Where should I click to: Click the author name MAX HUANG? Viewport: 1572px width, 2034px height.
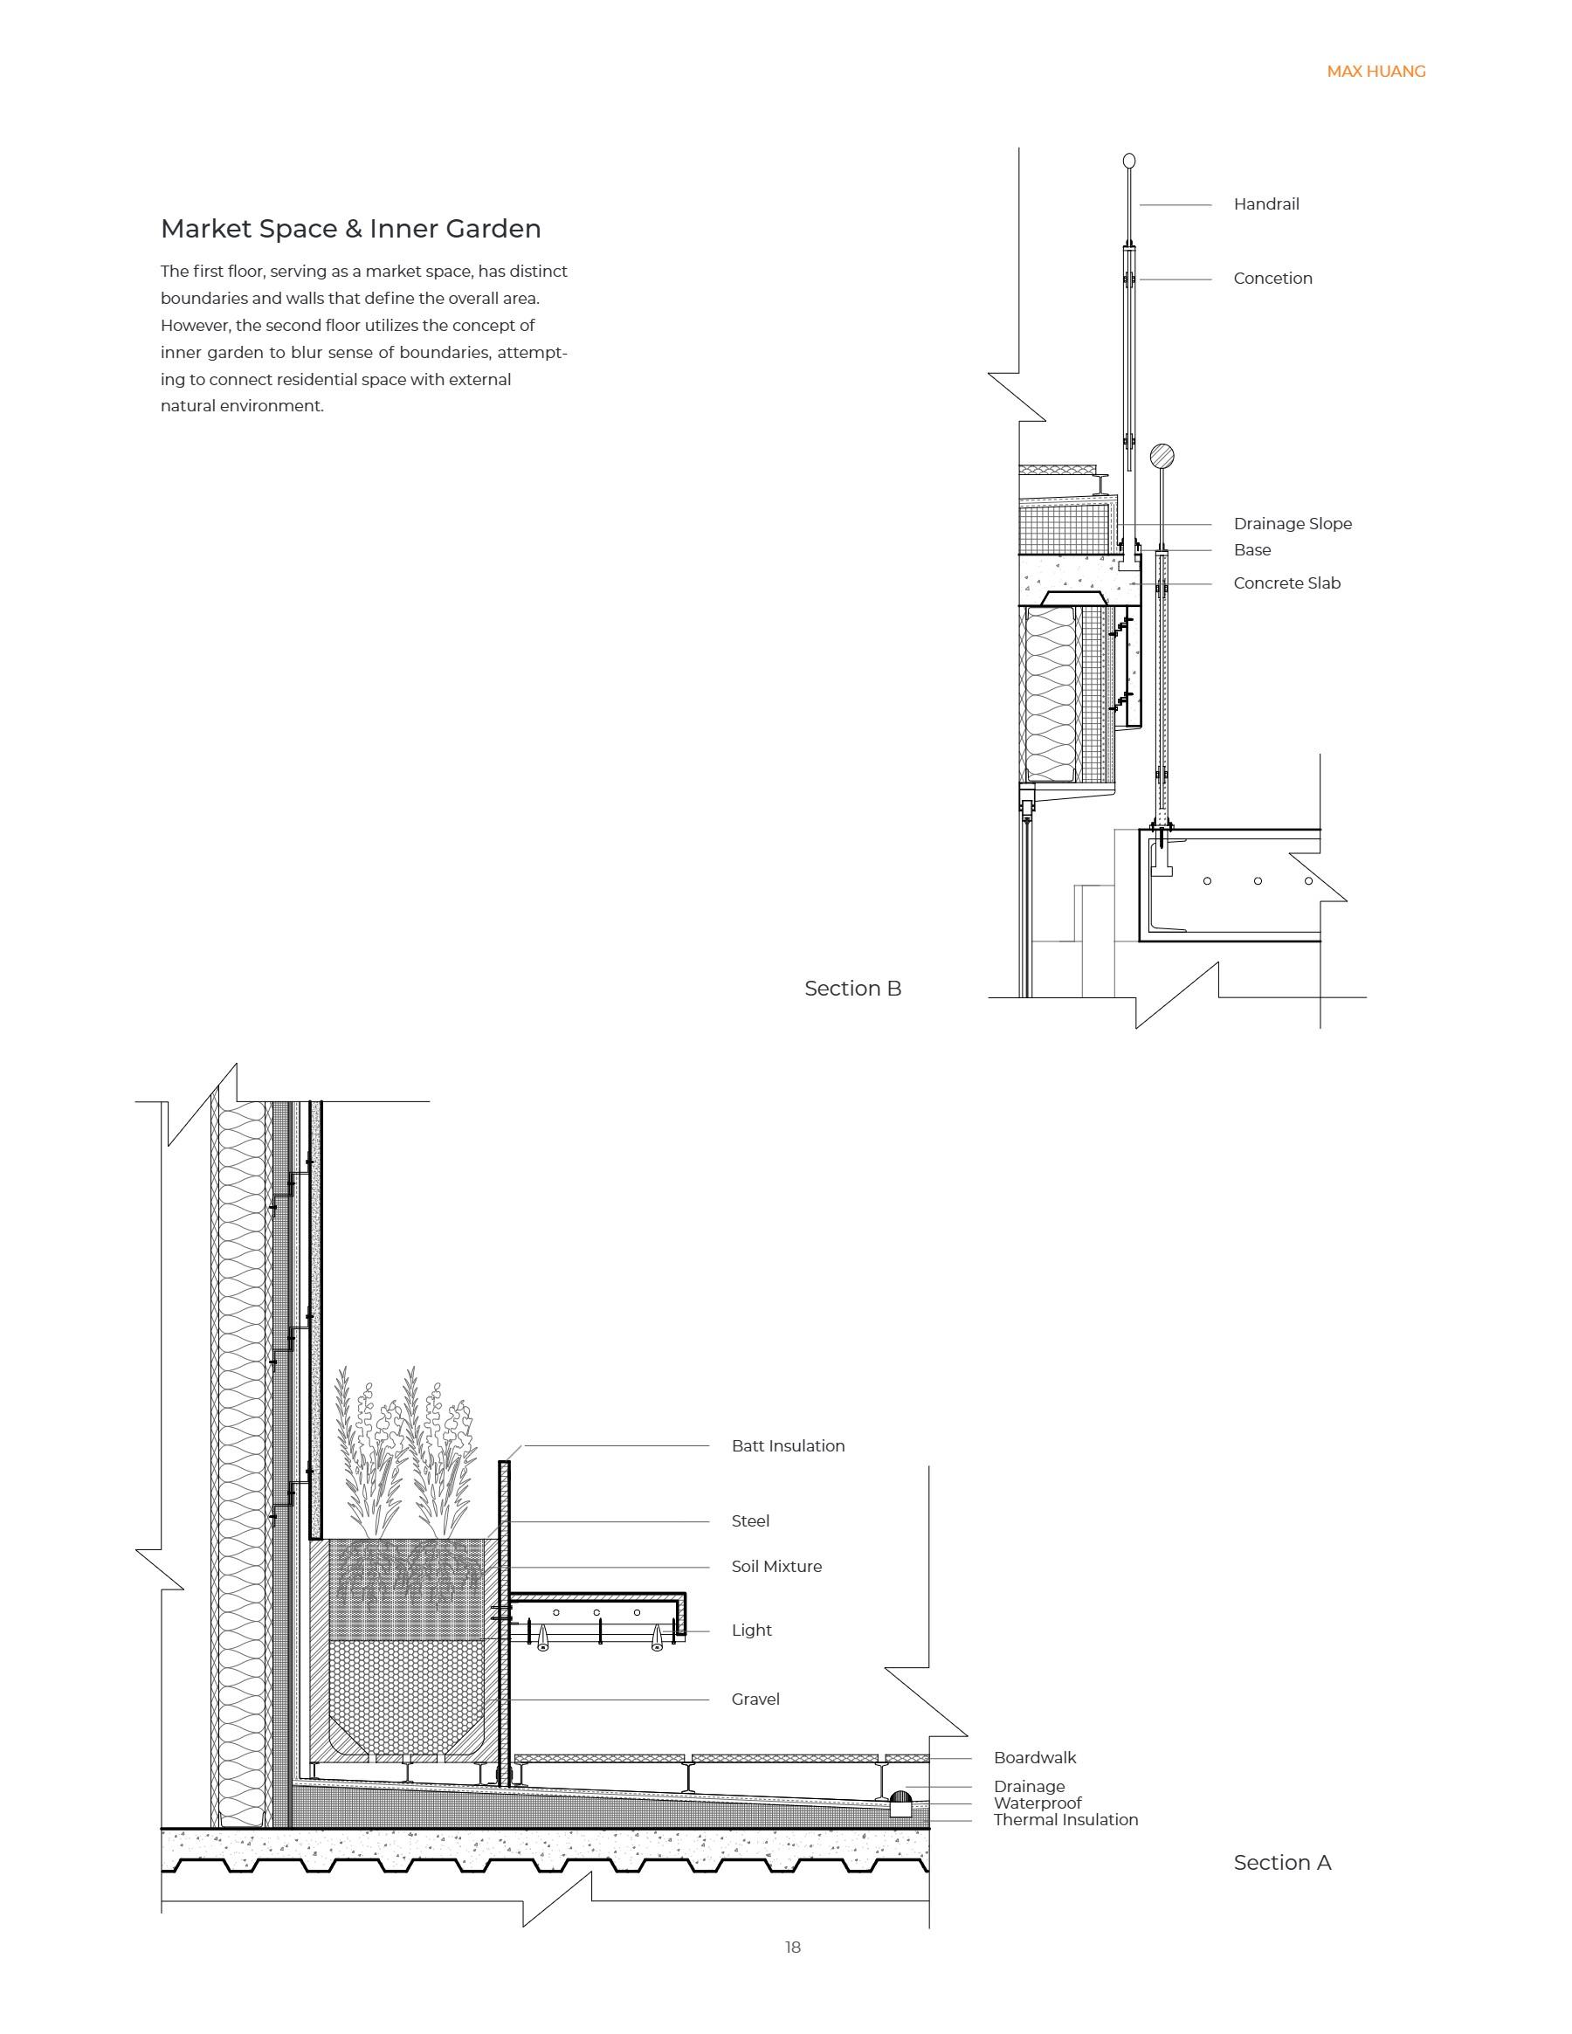coord(1375,72)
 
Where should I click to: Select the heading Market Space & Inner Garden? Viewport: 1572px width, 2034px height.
coord(350,228)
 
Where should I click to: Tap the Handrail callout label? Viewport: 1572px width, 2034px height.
coord(1265,204)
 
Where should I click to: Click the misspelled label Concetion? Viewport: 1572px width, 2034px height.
coord(1272,279)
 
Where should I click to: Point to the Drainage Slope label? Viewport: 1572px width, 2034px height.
coord(1292,523)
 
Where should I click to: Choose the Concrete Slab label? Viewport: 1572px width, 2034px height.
coord(1286,583)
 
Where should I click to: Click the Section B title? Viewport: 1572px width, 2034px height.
coord(852,988)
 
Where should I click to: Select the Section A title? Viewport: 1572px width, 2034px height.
coord(1281,1862)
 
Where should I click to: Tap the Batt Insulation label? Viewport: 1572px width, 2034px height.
coord(788,1445)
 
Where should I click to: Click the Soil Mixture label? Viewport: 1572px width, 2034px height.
coord(776,1566)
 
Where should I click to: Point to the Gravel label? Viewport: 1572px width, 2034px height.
coord(755,1699)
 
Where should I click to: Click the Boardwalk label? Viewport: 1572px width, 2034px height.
coord(1034,1757)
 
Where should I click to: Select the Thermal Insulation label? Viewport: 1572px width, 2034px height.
coord(1065,1819)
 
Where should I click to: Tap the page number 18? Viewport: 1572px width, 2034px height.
coord(792,1947)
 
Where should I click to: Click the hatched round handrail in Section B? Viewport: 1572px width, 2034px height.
coord(1161,457)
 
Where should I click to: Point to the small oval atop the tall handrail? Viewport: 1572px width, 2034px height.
coord(1128,161)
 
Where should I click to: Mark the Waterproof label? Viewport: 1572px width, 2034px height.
coord(1037,1802)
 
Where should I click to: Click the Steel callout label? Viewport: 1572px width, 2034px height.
coord(749,1520)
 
